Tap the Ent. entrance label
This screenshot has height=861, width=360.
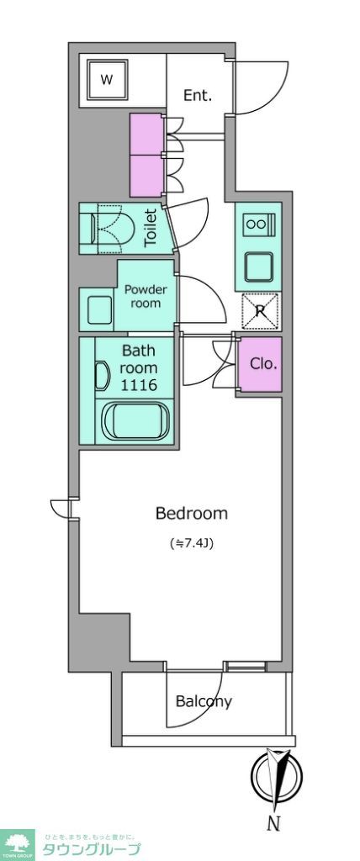click(x=199, y=95)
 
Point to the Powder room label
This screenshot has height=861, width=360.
click(x=146, y=296)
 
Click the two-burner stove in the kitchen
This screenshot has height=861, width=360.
click(x=256, y=225)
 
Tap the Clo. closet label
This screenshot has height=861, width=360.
click(x=264, y=364)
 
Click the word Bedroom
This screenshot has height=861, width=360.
click(x=192, y=513)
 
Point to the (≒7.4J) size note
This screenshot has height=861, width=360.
click(x=192, y=543)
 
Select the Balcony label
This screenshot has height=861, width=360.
click(x=204, y=701)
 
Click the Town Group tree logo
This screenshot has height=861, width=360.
click(x=18, y=843)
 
